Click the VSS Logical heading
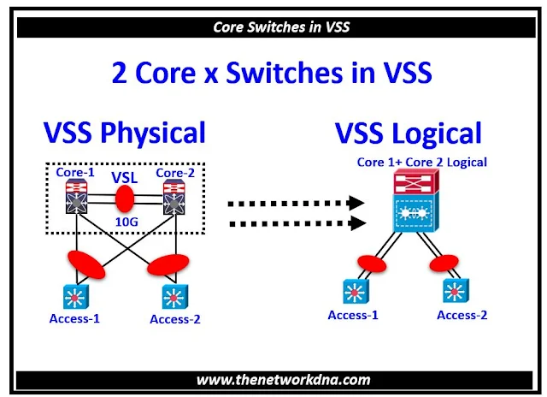[408, 133]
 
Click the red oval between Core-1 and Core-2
[125, 203]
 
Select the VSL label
[125, 179]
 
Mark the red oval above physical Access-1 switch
[84, 264]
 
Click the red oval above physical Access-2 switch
[167, 266]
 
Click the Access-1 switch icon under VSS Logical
[352, 291]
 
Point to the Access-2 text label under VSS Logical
[462, 315]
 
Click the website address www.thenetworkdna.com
[273, 379]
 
